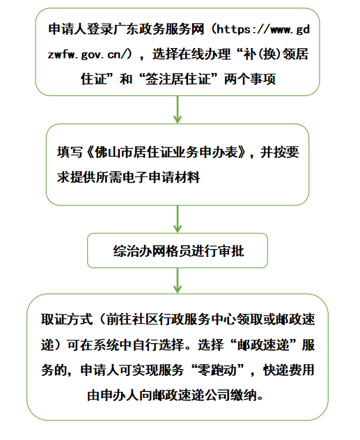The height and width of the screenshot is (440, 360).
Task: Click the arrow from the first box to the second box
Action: coord(178,109)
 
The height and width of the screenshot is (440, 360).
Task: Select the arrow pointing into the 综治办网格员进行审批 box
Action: coord(178,219)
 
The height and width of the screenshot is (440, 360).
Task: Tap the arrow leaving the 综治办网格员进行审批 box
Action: coord(178,281)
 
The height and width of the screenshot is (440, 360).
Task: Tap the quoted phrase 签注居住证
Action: coord(178,79)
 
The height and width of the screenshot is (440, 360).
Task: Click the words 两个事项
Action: coord(250,79)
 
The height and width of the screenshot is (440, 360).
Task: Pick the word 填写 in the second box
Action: coord(70,152)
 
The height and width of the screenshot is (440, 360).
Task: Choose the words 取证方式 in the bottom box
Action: coord(67,320)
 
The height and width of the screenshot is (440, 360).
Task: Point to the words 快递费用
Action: coord(289,370)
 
